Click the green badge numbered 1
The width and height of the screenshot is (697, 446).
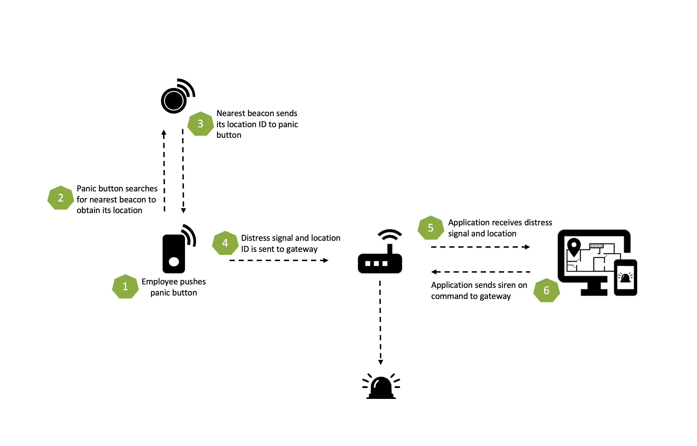click(x=125, y=286)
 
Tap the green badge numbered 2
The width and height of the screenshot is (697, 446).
click(x=61, y=198)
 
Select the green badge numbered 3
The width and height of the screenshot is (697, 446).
click(x=200, y=124)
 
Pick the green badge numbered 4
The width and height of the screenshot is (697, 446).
click(x=225, y=243)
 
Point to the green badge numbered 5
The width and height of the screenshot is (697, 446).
click(x=430, y=228)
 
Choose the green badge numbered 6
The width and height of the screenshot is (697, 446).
click(x=546, y=290)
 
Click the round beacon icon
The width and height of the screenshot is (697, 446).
click(x=174, y=100)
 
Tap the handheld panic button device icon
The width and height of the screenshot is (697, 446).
click(x=174, y=253)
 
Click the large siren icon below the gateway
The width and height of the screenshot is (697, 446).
click(x=381, y=387)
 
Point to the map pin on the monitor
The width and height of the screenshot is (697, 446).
click(x=574, y=246)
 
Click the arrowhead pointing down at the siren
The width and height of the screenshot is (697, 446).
click(x=381, y=362)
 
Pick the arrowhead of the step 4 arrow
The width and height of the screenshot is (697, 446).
click(x=326, y=260)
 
